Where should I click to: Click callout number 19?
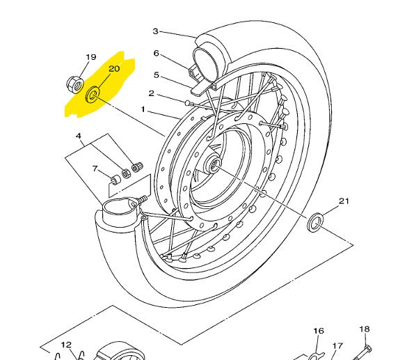(91, 57)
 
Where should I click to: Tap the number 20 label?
(114, 69)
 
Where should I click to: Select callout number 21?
(344, 201)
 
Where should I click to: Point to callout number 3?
(155, 31)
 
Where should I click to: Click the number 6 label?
(156, 53)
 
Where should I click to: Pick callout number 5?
(157, 75)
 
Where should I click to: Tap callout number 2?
(152, 93)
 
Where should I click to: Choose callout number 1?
(143, 109)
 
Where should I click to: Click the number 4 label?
(79, 136)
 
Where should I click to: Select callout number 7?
(95, 169)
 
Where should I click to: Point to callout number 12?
(66, 345)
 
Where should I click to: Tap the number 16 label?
(319, 331)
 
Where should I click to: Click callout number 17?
(337, 346)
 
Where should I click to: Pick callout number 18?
(365, 329)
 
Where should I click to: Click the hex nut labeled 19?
(74, 85)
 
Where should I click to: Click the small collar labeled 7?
(115, 180)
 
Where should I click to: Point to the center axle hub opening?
(215, 164)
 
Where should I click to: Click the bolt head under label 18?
(367, 348)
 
